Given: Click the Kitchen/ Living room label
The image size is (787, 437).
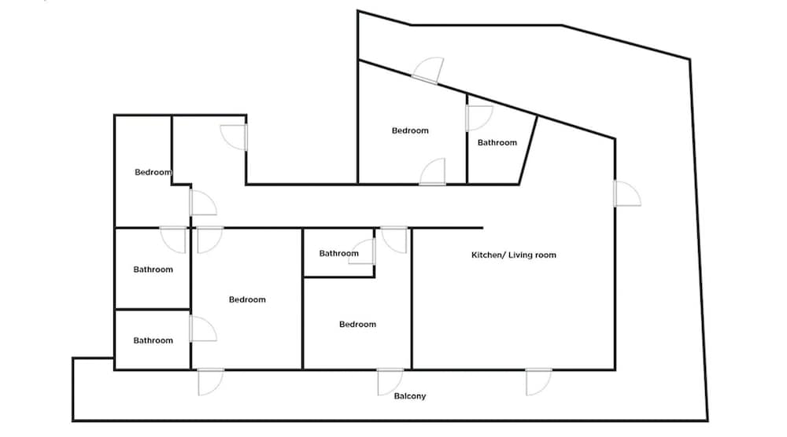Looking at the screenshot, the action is coord(513,255).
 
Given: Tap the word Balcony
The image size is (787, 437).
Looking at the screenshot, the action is coord(409,396).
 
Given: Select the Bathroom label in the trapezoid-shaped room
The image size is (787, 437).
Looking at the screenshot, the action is coord(497,143).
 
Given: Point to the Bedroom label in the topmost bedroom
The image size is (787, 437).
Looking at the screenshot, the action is coord(410,130).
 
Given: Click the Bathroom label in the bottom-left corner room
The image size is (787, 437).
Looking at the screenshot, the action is coord(153,341).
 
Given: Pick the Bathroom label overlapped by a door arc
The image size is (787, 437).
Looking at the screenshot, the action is coord(338,254).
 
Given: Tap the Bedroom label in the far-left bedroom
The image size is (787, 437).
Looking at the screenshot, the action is coord(153,172).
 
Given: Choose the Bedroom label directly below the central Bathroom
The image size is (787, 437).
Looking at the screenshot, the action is coord(357,325).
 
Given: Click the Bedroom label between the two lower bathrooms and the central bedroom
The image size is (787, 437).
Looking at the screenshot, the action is coord(247,299).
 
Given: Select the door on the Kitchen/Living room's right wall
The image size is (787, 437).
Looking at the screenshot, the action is coord(627,193).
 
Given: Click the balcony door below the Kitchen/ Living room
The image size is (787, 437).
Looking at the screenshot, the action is coord(538,382).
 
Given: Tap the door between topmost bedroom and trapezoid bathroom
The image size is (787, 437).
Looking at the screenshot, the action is coord(478,118).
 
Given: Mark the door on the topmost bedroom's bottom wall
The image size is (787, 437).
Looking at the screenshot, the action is coord(433,172).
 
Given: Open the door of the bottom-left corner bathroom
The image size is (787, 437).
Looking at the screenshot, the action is coord(203,329).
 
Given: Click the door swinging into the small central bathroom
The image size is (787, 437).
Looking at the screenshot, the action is coord(362,252).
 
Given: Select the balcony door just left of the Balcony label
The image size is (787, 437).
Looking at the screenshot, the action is coord(390,382).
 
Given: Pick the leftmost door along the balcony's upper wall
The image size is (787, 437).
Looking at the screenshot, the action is coord(211,382).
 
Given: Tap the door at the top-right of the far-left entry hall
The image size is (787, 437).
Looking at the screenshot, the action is coord(234,138).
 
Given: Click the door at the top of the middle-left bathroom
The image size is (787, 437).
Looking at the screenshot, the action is coord(173,240).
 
